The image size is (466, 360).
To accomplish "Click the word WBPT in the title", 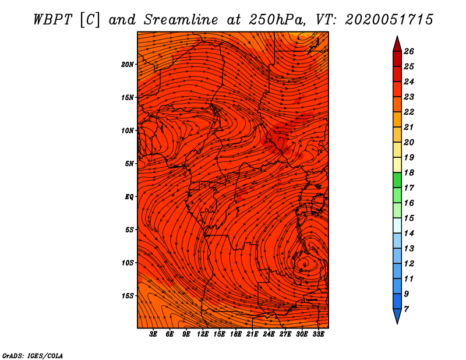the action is point(52,20).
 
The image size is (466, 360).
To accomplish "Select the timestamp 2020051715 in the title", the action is point(389,20).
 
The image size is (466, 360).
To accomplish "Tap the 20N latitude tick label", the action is point(128,65).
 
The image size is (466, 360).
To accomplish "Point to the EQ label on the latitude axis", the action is point(129,197).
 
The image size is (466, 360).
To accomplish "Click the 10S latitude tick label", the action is point(128,263).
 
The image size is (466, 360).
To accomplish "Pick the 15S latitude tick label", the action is point(128,296).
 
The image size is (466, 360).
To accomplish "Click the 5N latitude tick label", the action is point(129,164).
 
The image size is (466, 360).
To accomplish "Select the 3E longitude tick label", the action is point(153,334).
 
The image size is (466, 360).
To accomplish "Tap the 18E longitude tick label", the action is point(236,334).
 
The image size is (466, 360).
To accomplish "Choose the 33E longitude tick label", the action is point(318,334).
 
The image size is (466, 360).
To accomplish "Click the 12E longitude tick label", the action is point(203,334).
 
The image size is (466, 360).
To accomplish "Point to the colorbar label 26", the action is point(409,51).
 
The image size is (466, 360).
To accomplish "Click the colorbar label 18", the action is point(409,172).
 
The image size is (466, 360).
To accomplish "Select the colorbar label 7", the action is point(407,309).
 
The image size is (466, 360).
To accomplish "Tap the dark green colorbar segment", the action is point(397,180).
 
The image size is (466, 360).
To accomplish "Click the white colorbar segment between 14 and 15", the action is point(397,225).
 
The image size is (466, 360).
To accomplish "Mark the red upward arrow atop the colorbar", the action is point(397,44).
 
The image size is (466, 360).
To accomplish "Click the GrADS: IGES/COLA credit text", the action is point(33,356).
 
